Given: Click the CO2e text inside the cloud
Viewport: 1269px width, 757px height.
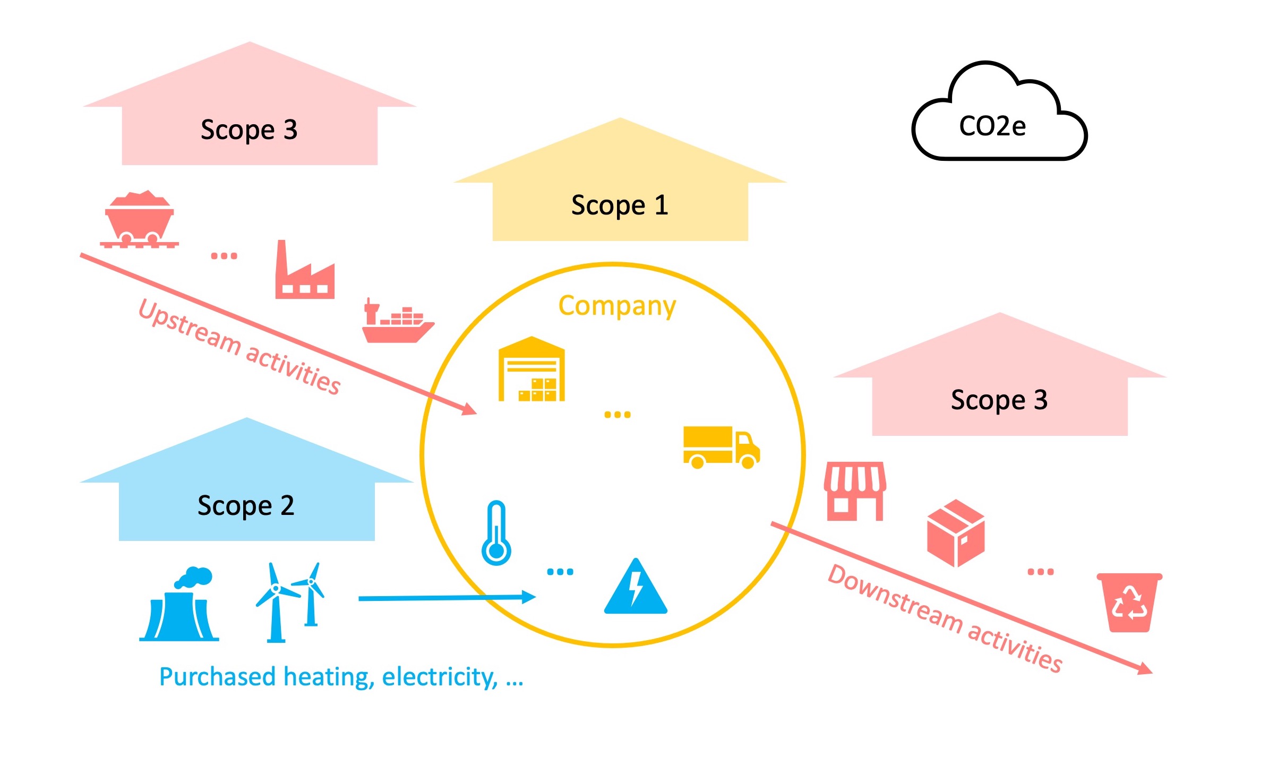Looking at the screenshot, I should point(992,126).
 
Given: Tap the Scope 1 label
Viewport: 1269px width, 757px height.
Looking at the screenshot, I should point(620,205).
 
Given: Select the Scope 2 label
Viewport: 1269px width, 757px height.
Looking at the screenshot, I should point(246,505).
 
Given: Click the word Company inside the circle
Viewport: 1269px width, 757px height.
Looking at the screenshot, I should point(617,306).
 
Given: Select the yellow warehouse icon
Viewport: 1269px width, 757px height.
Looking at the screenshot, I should point(531,369).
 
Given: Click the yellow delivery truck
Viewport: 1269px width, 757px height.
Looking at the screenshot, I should point(721,447).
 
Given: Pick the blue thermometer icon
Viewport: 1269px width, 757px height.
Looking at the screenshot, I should point(496,533).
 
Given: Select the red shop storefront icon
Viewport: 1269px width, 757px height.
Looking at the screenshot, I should point(855,491).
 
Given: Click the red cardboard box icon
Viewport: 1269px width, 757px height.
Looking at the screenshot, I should point(956,533).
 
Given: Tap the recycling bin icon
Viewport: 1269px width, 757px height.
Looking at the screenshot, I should point(1130,603).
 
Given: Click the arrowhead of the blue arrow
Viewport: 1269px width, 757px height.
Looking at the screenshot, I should point(529,597).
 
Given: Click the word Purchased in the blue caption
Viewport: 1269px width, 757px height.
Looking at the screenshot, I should point(217,677).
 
